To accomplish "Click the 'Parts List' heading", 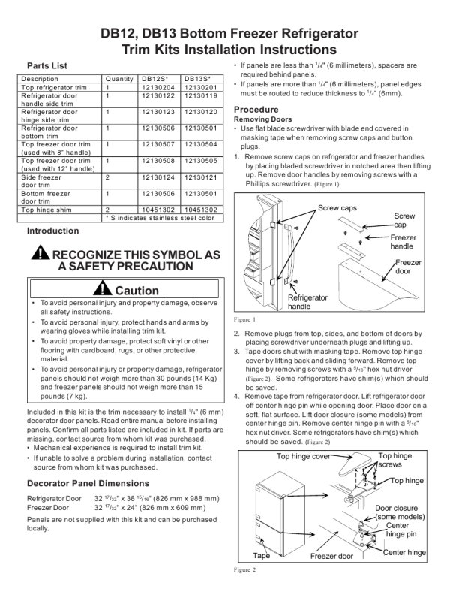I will (x=46, y=66).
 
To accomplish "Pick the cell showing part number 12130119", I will (x=199, y=96).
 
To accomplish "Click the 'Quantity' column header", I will (x=120, y=79).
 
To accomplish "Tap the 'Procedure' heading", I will (x=257, y=110).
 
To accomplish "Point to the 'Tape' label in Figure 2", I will (x=261, y=556).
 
